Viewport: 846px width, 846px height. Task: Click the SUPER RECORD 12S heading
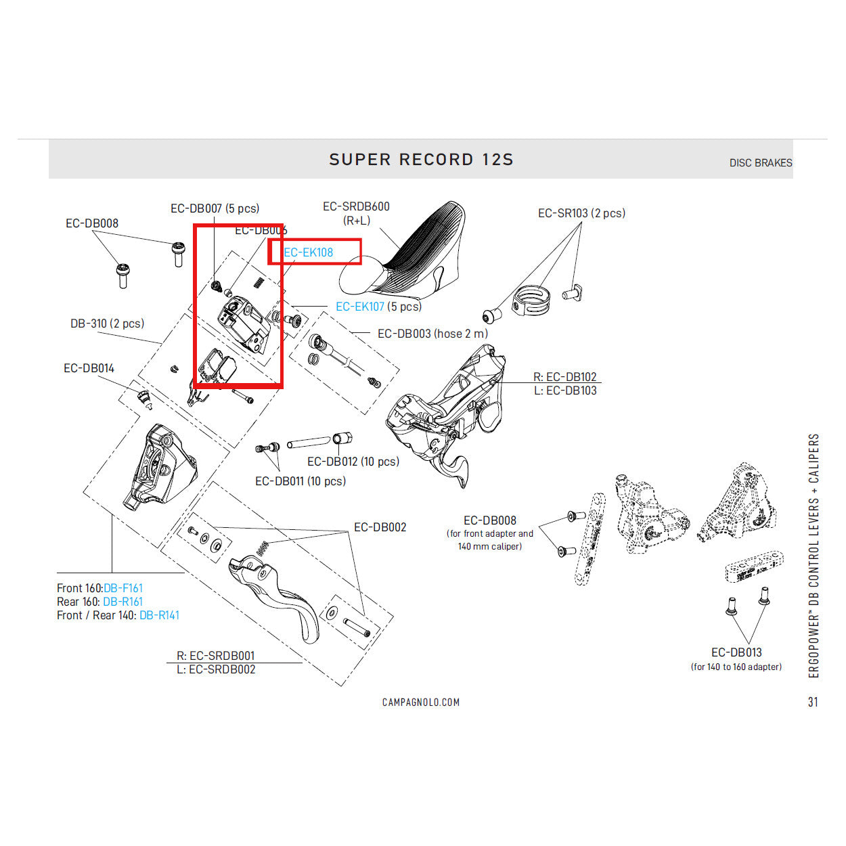click(x=421, y=160)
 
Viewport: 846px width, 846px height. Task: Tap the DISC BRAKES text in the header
click(x=760, y=163)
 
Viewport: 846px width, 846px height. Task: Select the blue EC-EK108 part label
click(x=309, y=252)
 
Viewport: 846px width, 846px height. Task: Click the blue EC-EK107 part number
click(x=360, y=307)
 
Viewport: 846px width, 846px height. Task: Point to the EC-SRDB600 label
click(x=356, y=206)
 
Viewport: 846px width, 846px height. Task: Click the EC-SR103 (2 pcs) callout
click(x=581, y=213)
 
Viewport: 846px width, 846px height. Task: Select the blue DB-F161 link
click(x=123, y=588)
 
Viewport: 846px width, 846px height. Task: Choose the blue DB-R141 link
click(x=159, y=615)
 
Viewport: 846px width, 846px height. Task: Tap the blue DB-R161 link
click(x=123, y=602)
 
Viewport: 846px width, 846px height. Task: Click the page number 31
click(x=813, y=702)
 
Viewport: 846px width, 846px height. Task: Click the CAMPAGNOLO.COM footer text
click(x=421, y=703)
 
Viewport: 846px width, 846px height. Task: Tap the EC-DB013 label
click(x=736, y=652)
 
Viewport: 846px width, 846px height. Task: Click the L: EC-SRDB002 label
click(x=216, y=669)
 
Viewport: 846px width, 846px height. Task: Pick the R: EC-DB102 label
click(x=564, y=377)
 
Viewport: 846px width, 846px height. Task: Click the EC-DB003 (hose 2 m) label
click(x=432, y=334)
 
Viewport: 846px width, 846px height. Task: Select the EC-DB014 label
click(x=89, y=368)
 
